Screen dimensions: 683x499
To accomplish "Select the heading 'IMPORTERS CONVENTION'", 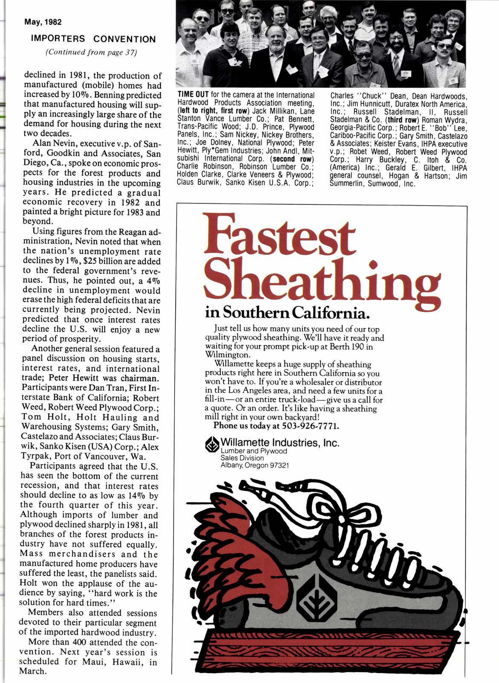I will pyautogui.click(x=93, y=39).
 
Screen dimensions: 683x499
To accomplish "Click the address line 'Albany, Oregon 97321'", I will pyautogui.click(x=255, y=465).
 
